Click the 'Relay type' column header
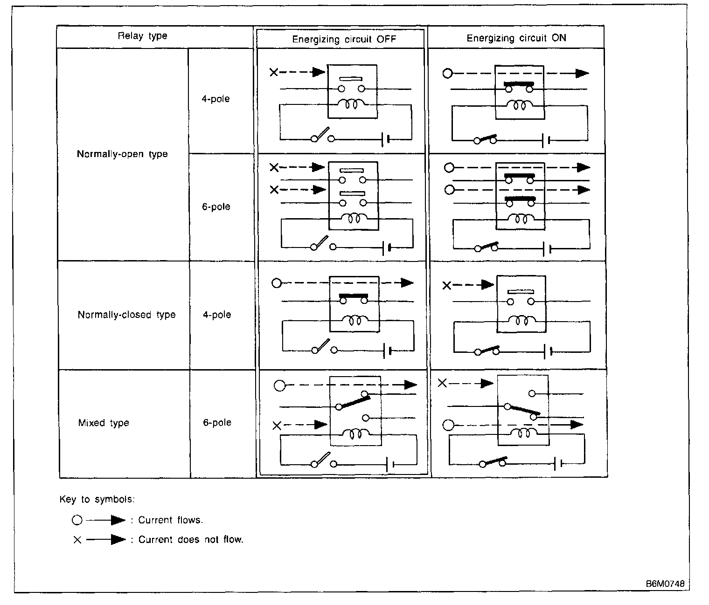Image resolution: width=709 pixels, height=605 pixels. tap(142, 36)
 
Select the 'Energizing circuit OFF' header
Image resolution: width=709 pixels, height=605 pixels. tap(344, 39)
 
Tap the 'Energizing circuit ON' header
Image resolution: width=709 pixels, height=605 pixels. tap(516, 38)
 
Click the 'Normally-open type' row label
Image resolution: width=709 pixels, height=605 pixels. tap(122, 154)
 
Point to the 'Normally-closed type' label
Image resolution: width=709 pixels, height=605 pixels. tap(126, 315)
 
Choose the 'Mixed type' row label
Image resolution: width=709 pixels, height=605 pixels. tap(104, 423)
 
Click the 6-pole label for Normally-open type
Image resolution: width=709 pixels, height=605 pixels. tap(216, 206)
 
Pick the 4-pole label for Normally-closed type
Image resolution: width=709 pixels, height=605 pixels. tap(217, 315)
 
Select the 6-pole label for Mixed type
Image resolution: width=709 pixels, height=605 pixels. tap(217, 422)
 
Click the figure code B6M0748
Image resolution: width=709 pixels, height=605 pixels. tap(665, 584)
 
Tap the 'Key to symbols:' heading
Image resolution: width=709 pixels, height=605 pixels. tap(97, 499)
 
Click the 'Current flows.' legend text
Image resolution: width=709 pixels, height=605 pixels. tap(170, 520)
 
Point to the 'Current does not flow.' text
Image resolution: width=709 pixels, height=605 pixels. tap(191, 539)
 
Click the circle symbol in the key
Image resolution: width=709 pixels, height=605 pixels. tap(77, 520)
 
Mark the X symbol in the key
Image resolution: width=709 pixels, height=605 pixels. tap(77, 540)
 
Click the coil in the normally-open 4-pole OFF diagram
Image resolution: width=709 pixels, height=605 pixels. tap(353, 105)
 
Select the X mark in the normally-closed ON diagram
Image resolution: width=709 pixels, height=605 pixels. tap(447, 285)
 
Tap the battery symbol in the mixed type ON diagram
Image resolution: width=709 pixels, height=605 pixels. tap(558, 463)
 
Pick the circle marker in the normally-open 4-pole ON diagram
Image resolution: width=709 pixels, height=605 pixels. tap(448, 73)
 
